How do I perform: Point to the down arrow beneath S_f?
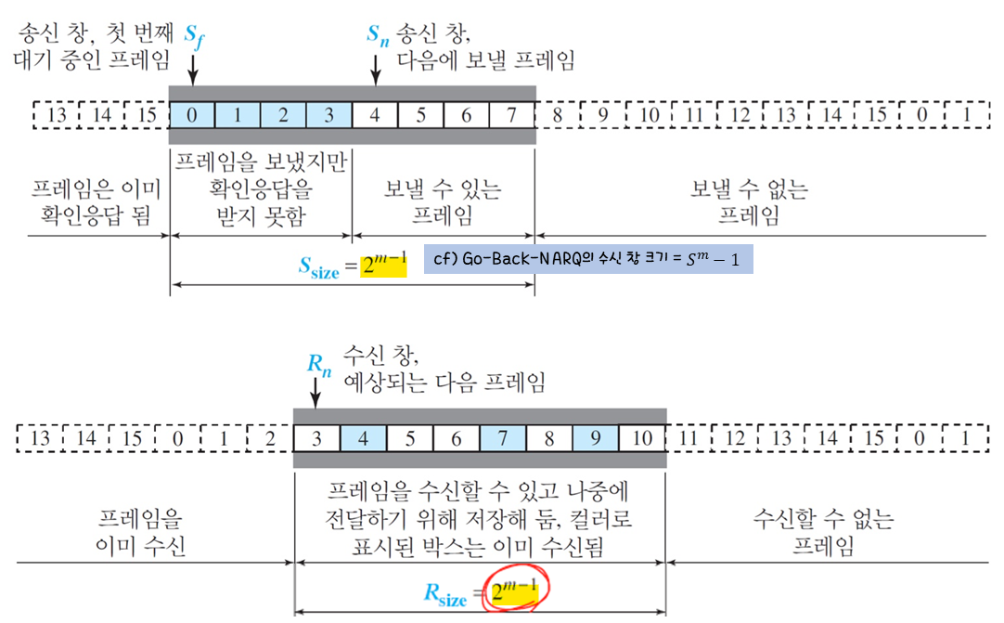tap(192, 69)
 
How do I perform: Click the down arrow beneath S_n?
tap(376, 69)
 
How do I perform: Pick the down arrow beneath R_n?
tap(316, 395)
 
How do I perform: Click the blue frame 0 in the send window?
tap(192, 115)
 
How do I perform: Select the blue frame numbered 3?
tap(328, 115)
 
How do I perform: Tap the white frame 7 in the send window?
tap(511, 115)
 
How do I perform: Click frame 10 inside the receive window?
tap(641, 437)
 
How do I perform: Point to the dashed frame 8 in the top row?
tap(558, 115)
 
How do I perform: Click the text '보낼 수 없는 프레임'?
tap(749, 202)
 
